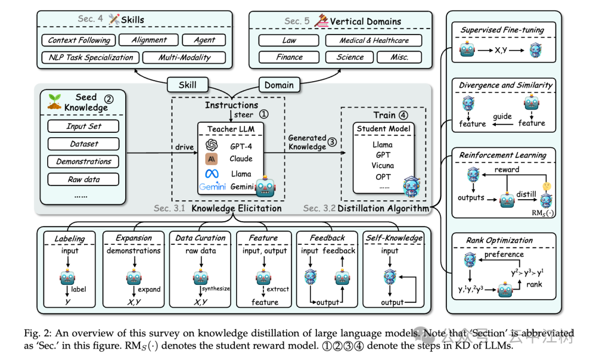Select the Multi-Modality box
point(184,57)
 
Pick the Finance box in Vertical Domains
point(289,57)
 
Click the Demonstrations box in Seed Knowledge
point(83,161)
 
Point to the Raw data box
point(83,179)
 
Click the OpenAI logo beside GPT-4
point(212,145)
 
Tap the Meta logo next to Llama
point(212,173)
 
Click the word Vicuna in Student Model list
point(382,165)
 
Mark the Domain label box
point(278,85)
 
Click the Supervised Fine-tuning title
point(502,30)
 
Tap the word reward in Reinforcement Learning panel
point(506,170)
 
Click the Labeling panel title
point(70,238)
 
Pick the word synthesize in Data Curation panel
point(215,289)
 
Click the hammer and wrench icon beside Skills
point(114,20)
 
